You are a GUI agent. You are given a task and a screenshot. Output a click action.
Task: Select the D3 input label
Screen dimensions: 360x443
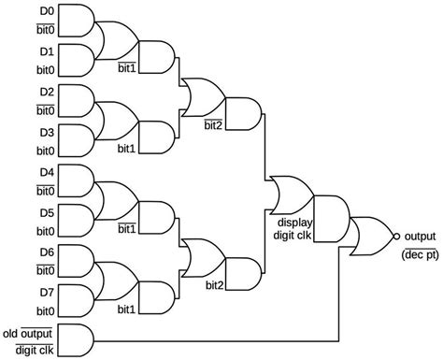coord(46,133)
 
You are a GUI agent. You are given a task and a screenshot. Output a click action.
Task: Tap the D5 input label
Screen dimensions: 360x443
coord(46,212)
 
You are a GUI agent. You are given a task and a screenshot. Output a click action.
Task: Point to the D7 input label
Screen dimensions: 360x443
coord(46,293)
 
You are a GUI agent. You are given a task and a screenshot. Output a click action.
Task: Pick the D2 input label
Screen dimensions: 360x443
coord(46,93)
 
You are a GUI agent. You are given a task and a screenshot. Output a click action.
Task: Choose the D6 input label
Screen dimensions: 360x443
coord(46,252)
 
